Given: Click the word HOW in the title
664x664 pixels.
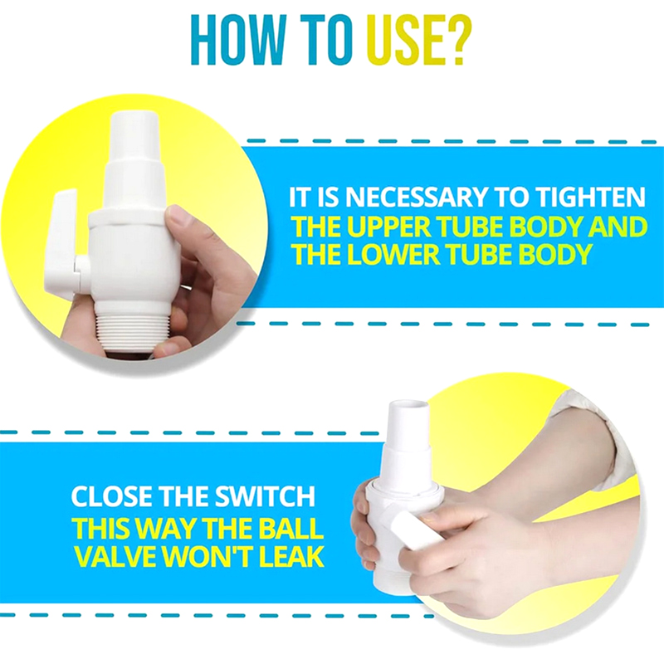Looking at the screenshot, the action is (237, 39).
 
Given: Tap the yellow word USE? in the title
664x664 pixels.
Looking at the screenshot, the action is (419, 39).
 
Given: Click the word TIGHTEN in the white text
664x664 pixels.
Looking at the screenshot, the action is (591, 197).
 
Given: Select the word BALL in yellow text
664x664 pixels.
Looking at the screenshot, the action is (291, 529).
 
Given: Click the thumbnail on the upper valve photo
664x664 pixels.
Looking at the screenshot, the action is (178, 217).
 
